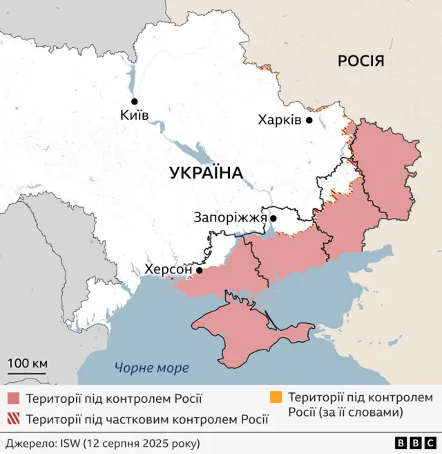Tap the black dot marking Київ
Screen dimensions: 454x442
(135, 101)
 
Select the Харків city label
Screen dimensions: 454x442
(280, 120)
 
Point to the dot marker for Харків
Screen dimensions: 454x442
(309, 120)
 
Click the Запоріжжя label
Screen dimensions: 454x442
(230, 218)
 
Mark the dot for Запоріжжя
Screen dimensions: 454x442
(273, 219)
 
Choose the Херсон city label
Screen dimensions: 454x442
(169, 270)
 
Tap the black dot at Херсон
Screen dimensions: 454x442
(200, 271)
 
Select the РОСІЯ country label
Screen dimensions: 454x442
(361, 61)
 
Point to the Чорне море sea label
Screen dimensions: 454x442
(151, 368)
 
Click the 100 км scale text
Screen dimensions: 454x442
(28, 363)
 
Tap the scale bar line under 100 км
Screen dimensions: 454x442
(28, 374)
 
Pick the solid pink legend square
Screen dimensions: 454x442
(14, 399)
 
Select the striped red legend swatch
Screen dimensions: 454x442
(14, 419)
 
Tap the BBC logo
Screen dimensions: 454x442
(415, 442)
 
